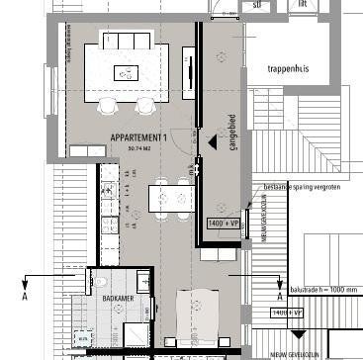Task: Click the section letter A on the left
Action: pos(24,294)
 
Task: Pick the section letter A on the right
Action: pos(281,295)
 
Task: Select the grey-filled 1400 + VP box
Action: pos(224,225)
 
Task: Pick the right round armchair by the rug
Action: pos(145,105)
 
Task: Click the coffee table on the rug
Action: pos(127,71)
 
